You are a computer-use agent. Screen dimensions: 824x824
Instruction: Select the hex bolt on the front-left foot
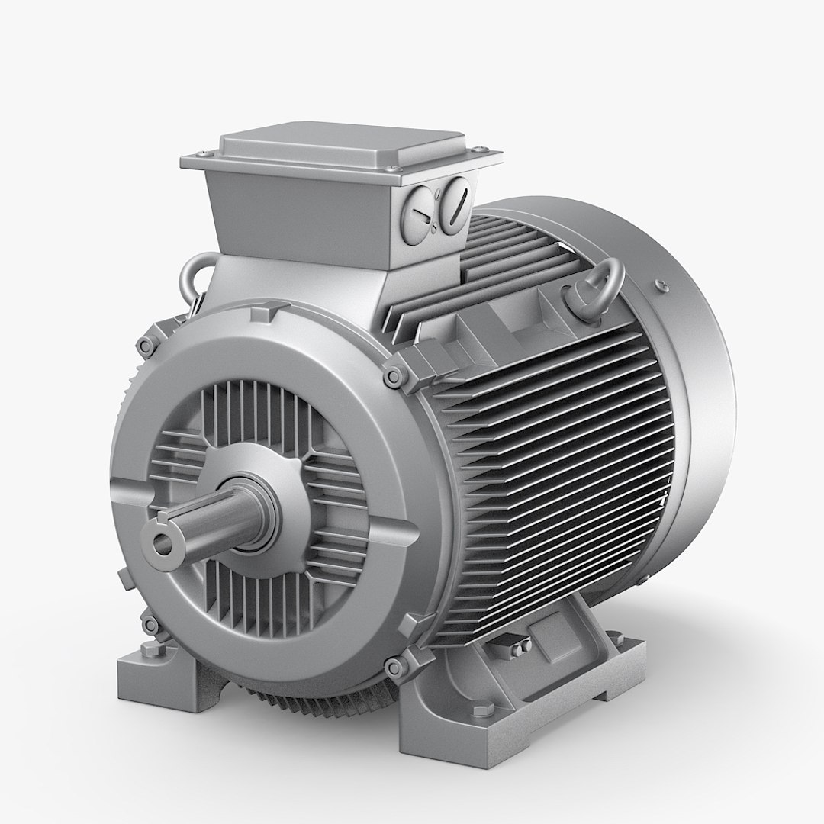[x=146, y=650]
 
